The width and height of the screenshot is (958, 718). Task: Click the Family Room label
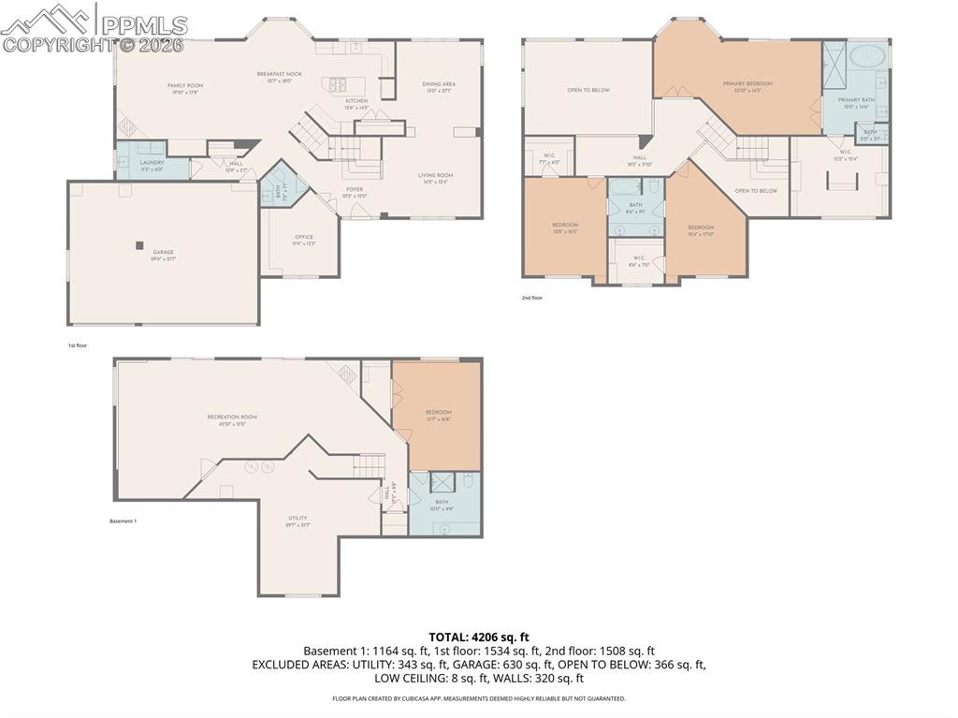click(x=185, y=85)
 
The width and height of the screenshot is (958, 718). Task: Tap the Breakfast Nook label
click(x=280, y=74)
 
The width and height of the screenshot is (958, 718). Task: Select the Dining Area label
click(x=439, y=84)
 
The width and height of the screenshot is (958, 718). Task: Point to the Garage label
click(x=164, y=252)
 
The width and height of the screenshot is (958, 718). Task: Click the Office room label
click(x=304, y=237)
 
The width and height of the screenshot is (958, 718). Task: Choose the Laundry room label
click(x=152, y=162)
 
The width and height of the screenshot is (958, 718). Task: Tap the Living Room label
click(x=435, y=175)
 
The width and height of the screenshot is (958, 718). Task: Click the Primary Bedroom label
click(x=748, y=83)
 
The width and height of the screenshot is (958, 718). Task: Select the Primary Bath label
click(x=856, y=99)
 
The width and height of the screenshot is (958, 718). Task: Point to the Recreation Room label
click(x=232, y=417)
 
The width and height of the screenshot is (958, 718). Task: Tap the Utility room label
click(x=298, y=518)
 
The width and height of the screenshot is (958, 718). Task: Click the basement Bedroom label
click(x=439, y=412)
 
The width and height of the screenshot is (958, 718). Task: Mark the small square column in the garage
click(x=139, y=245)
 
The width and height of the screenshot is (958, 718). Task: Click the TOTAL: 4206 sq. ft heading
click(x=478, y=637)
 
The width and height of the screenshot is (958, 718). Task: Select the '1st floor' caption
click(x=77, y=345)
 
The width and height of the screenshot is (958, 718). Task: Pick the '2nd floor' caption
click(x=532, y=298)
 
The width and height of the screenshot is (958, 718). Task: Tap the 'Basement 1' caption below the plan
click(x=123, y=520)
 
